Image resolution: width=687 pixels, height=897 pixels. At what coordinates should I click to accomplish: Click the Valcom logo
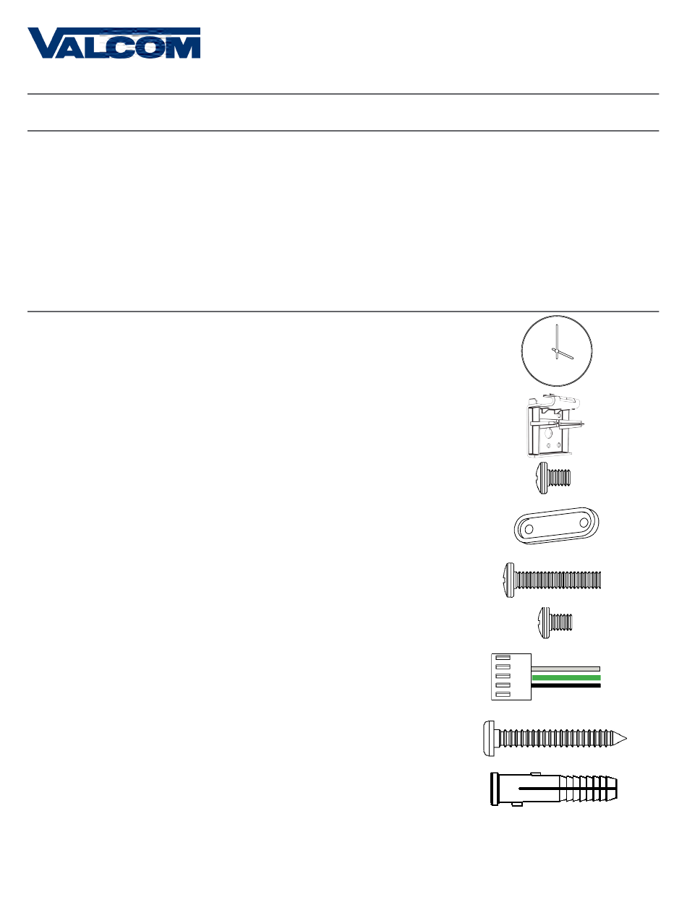point(114,43)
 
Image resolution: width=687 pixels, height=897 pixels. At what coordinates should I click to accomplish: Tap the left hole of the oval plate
point(529,530)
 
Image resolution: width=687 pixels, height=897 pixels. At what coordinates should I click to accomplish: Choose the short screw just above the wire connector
point(557,621)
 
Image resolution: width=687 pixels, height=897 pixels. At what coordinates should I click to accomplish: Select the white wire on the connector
point(566,668)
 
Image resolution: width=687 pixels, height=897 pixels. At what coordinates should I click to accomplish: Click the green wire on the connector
point(566,677)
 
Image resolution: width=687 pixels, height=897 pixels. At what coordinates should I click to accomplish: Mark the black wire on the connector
point(566,686)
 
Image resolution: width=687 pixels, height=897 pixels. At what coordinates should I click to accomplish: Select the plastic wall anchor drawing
point(554,789)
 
